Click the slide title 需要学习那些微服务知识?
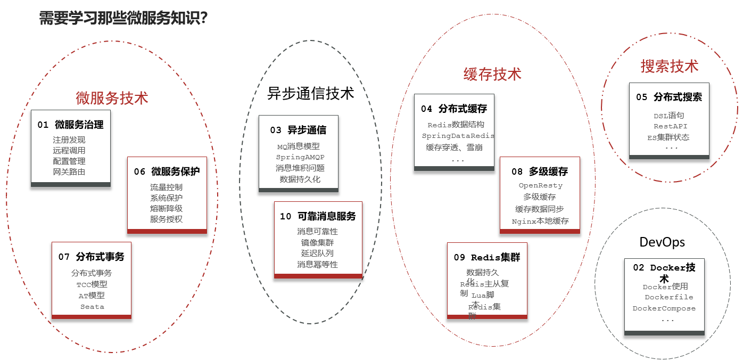pos(123,19)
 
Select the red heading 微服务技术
pos(112,98)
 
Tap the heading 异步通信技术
pos(310,93)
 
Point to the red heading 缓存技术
pos(492,74)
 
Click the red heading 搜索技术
pos(669,66)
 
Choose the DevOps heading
pos(662,242)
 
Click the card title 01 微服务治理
pos(70,125)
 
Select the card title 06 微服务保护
pos(167,171)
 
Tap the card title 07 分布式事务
pos(91,257)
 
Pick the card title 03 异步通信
pos(298,130)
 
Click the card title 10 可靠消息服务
pos(318,216)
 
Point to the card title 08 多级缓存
pos(540,171)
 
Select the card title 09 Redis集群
pos(486,257)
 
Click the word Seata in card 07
pos(92,307)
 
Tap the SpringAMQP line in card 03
pos(300,157)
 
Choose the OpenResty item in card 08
pos(540,185)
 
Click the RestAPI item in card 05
pos(671,126)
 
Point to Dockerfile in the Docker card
pos(668,297)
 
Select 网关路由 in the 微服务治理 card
pos(69,171)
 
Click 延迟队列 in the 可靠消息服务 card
pos(317,253)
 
